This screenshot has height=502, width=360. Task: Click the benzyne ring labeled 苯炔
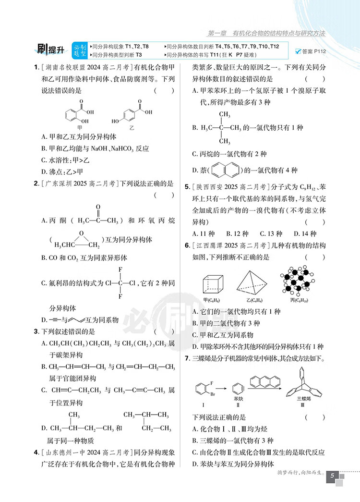click(236, 389)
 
